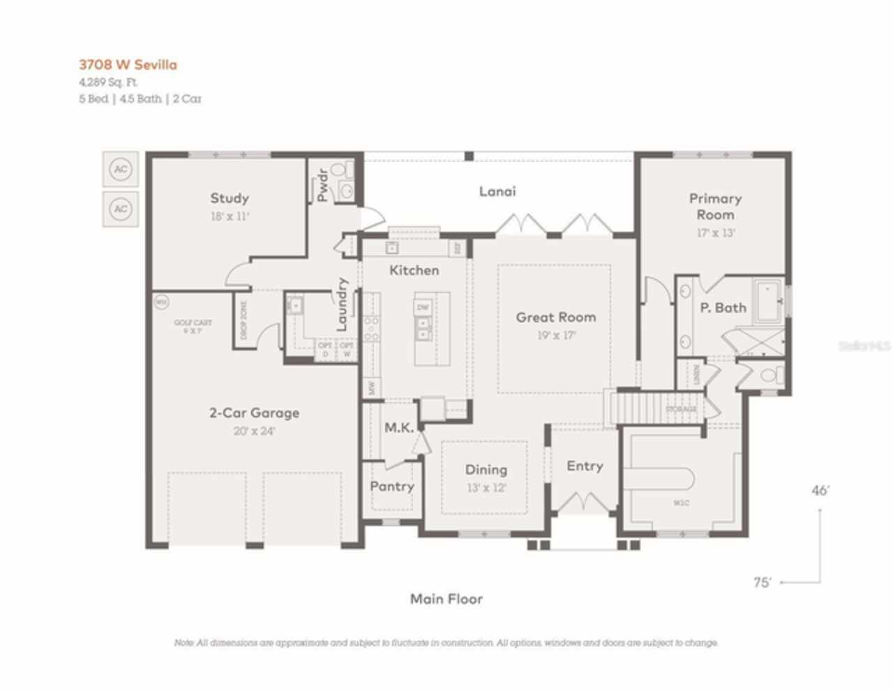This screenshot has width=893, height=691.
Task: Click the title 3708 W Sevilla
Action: coord(128,65)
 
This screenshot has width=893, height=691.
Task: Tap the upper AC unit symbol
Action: coord(121,169)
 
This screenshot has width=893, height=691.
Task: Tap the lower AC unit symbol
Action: coord(121,209)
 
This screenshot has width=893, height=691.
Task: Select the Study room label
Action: coord(230,198)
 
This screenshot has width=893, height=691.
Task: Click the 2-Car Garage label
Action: coord(254,413)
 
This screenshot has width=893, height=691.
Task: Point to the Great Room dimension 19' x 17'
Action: coord(556,335)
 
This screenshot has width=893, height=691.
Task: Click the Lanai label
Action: coord(497,191)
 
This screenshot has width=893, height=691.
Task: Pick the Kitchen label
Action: coord(414,270)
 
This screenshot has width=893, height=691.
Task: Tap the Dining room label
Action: coord(486,470)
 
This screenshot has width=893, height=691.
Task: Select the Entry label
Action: coord(585,466)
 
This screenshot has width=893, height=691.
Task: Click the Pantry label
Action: coord(392,486)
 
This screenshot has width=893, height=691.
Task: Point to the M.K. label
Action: coord(399,427)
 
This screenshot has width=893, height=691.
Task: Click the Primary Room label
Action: coord(715,206)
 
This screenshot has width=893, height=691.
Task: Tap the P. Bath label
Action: coord(723,307)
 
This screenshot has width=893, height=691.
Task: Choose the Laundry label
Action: coord(342,304)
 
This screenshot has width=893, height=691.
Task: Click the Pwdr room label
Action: coord(322,185)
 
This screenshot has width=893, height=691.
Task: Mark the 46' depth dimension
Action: coord(820,491)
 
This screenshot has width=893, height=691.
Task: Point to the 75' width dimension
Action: coord(763,582)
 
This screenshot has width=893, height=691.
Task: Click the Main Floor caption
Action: coord(446,599)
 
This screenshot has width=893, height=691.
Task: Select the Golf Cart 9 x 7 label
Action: coord(193,327)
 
